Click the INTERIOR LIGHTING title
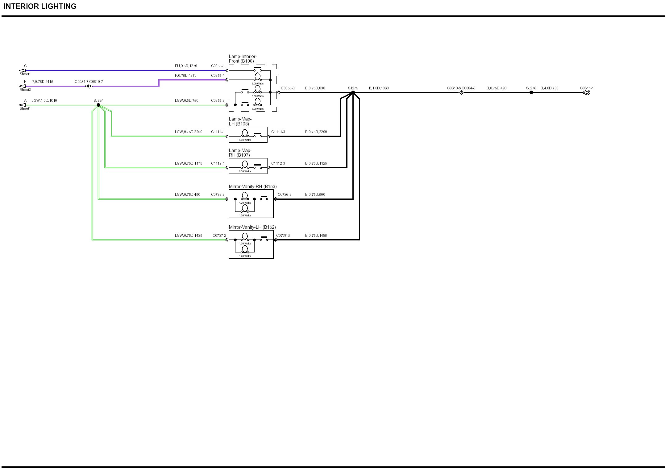40,6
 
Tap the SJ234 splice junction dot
98,105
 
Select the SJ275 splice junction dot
353,92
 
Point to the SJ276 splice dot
531,92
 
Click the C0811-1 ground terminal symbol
587,92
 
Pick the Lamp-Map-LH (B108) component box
248,135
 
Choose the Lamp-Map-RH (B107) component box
248,166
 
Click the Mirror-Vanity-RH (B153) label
252,186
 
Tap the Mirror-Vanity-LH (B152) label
252,227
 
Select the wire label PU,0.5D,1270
186,66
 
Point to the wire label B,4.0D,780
549,88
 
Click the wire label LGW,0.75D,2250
189,132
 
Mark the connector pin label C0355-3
288,88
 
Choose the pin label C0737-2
219,236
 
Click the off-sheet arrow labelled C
23,70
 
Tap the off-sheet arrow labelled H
23,86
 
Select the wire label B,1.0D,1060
379,88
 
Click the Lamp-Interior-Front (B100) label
243,59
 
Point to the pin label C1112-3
278,163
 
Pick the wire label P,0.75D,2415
42,82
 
